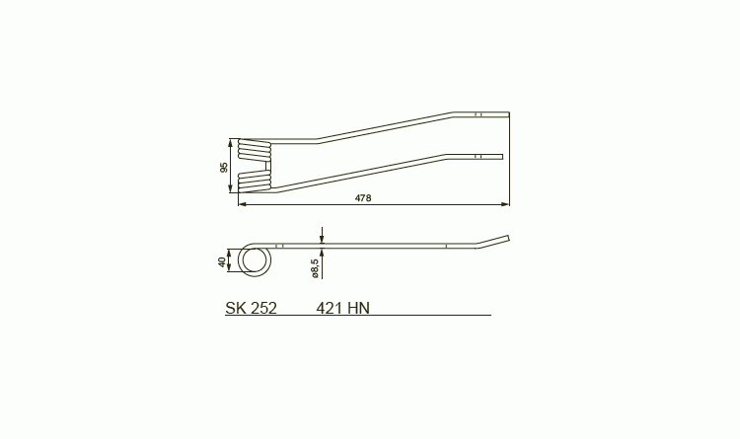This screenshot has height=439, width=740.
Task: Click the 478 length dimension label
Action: click(363, 198)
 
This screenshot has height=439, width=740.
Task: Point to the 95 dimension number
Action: click(224, 167)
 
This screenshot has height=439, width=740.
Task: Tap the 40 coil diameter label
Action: click(222, 262)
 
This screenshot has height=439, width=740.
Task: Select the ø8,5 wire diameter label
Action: click(316, 268)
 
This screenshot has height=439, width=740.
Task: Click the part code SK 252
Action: click(251, 308)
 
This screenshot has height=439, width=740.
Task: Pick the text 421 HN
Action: click(343, 308)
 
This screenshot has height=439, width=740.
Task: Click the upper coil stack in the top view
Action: click(255, 149)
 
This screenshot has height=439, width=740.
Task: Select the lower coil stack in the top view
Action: click(255, 182)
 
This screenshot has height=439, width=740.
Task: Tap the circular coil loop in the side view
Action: click(255, 259)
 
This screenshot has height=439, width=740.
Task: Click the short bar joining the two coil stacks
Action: click(269, 165)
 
